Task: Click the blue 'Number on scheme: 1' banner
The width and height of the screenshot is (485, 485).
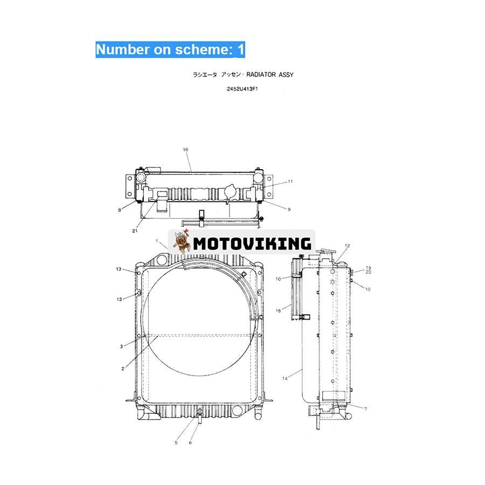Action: pyautogui.click(x=170, y=50)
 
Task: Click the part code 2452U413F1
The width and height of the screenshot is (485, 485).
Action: pyautogui.click(x=242, y=89)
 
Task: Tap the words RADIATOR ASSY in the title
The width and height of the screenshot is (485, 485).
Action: pyautogui.click(x=270, y=74)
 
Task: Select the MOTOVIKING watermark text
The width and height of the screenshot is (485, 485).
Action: pyautogui.click(x=252, y=244)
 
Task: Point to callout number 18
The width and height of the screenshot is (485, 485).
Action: pyautogui.click(x=185, y=150)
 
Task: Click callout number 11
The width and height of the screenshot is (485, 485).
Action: pyautogui.click(x=290, y=182)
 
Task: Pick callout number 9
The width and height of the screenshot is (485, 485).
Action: pyautogui.click(x=289, y=210)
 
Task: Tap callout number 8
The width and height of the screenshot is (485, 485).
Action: pyautogui.click(x=120, y=210)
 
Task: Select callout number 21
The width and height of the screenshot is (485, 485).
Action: pyautogui.click(x=135, y=231)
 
